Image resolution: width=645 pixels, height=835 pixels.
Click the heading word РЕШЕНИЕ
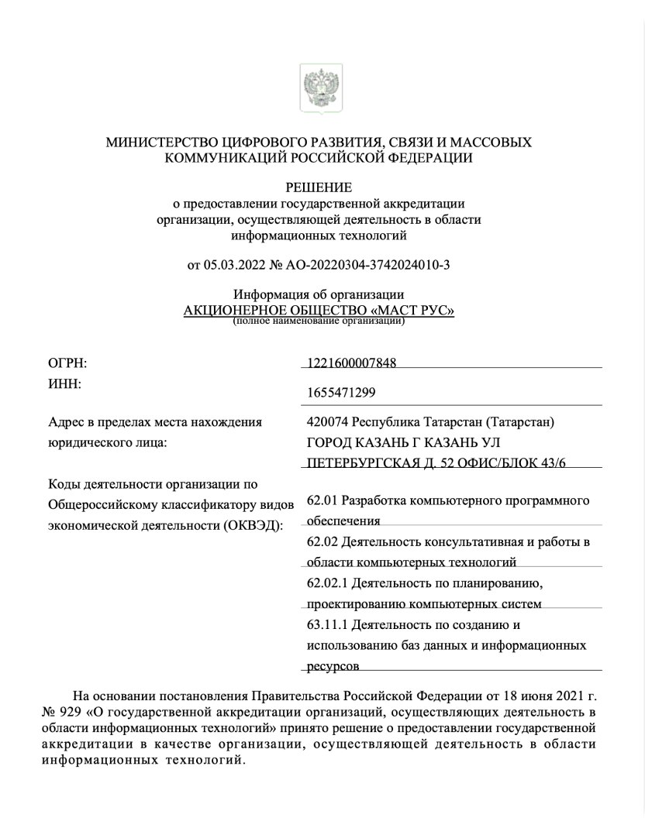point(319,187)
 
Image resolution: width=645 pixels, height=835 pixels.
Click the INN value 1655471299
point(342,393)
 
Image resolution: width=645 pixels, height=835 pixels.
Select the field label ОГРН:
point(67,363)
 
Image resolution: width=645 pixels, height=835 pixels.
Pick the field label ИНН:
point(65,383)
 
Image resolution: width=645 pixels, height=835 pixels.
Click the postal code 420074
point(328,422)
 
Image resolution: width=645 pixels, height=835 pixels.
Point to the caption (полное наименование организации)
point(319,321)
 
